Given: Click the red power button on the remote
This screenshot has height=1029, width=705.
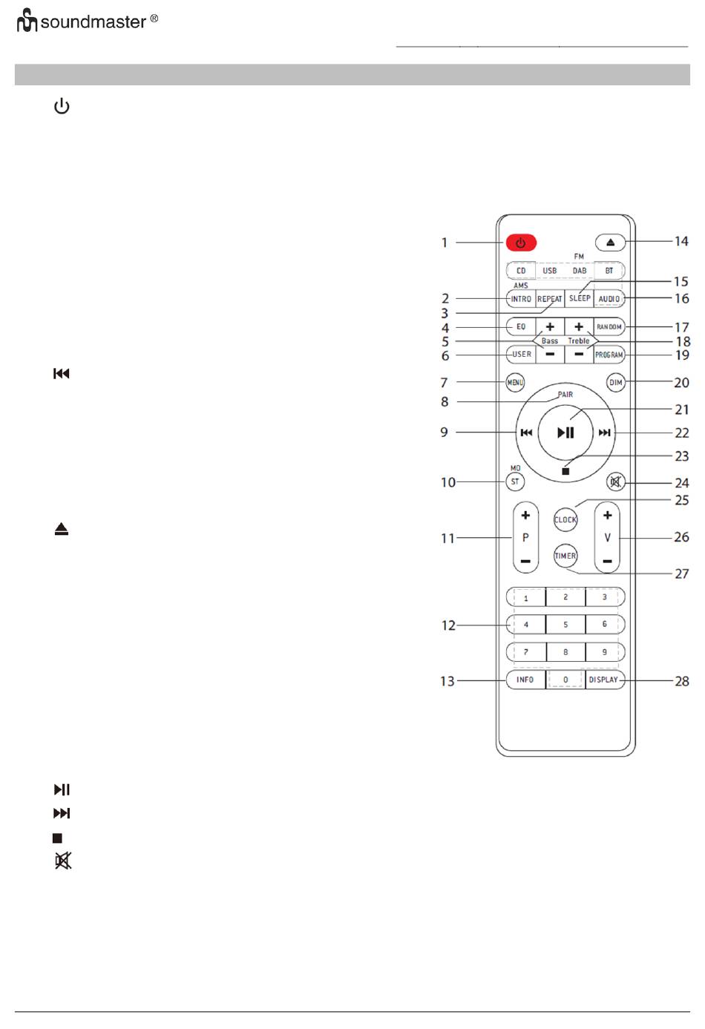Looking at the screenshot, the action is (521, 243).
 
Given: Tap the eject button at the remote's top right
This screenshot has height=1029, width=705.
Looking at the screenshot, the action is (610, 242).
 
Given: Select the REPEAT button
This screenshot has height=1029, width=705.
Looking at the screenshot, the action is (550, 298).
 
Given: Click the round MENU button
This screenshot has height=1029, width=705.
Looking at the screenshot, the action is (515, 382).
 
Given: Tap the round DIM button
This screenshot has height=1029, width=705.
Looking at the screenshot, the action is (615, 382).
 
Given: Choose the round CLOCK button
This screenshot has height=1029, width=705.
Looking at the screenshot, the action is (565, 519).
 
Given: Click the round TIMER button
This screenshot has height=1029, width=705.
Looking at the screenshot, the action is (565, 556).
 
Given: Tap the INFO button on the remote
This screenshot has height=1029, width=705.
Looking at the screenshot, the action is (525, 680).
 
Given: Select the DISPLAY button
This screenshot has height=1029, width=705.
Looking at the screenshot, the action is (605, 680).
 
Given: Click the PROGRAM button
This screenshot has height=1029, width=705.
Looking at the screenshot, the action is (609, 355).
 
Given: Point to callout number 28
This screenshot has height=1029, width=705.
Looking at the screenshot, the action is (681, 681).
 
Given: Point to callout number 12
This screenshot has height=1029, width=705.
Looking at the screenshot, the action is (448, 625).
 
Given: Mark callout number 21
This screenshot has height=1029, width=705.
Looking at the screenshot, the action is (681, 410).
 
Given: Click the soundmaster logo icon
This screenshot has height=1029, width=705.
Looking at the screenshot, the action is (27, 21).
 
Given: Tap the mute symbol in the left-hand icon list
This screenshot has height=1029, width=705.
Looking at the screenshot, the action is (63, 861).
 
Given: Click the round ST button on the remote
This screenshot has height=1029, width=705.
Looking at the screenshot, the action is (515, 481).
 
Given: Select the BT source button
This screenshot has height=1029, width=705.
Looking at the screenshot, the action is (609, 271).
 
